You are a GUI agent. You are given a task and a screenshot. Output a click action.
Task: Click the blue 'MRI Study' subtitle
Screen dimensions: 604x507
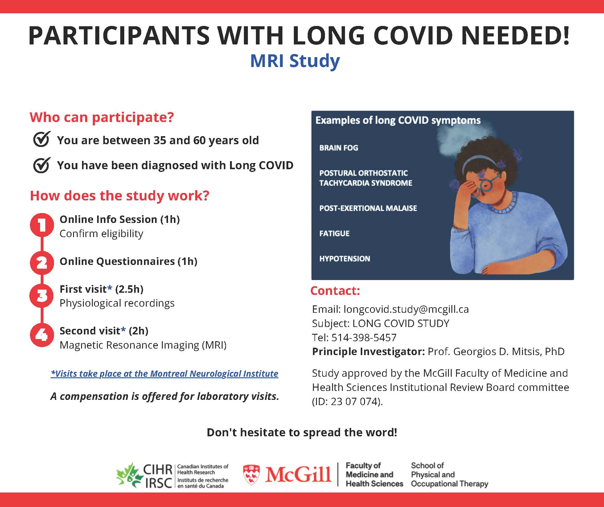pyautogui.click(x=295, y=61)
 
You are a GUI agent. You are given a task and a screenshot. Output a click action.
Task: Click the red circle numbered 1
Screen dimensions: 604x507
pyautogui.click(x=42, y=225)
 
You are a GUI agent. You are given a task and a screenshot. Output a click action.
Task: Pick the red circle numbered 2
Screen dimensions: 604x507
pyautogui.click(x=42, y=262)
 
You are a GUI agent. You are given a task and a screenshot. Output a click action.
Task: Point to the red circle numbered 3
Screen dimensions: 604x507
pyautogui.click(x=42, y=296)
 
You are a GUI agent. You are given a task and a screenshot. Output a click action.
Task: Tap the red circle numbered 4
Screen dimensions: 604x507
pyautogui.click(x=42, y=335)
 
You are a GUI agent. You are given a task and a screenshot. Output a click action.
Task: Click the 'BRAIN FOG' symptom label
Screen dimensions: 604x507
pyautogui.click(x=339, y=148)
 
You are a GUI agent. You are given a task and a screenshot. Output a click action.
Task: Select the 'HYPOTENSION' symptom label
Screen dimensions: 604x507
pyautogui.click(x=344, y=259)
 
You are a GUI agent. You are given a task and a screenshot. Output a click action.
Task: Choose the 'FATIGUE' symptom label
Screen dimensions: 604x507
pyautogui.click(x=334, y=233)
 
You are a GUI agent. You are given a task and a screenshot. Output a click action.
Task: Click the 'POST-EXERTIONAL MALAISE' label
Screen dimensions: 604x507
pyautogui.click(x=368, y=208)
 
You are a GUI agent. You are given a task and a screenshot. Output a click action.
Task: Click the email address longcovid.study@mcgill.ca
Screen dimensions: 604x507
pyautogui.click(x=406, y=309)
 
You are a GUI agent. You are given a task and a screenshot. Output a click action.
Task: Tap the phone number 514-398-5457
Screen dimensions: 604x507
pyautogui.click(x=364, y=337)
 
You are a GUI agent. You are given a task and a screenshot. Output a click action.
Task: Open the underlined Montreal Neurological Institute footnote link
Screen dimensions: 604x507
pyautogui.click(x=164, y=374)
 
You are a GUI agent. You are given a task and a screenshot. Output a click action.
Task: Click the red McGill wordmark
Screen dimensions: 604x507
pyautogui.click(x=298, y=474)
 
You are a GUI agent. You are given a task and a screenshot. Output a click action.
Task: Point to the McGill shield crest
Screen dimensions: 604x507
pyautogui.click(x=251, y=475)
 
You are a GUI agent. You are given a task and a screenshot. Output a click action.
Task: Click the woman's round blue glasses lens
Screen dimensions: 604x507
pyautogui.click(x=486, y=185)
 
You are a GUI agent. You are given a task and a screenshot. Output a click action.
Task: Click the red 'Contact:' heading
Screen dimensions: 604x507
pyautogui.click(x=335, y=291)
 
